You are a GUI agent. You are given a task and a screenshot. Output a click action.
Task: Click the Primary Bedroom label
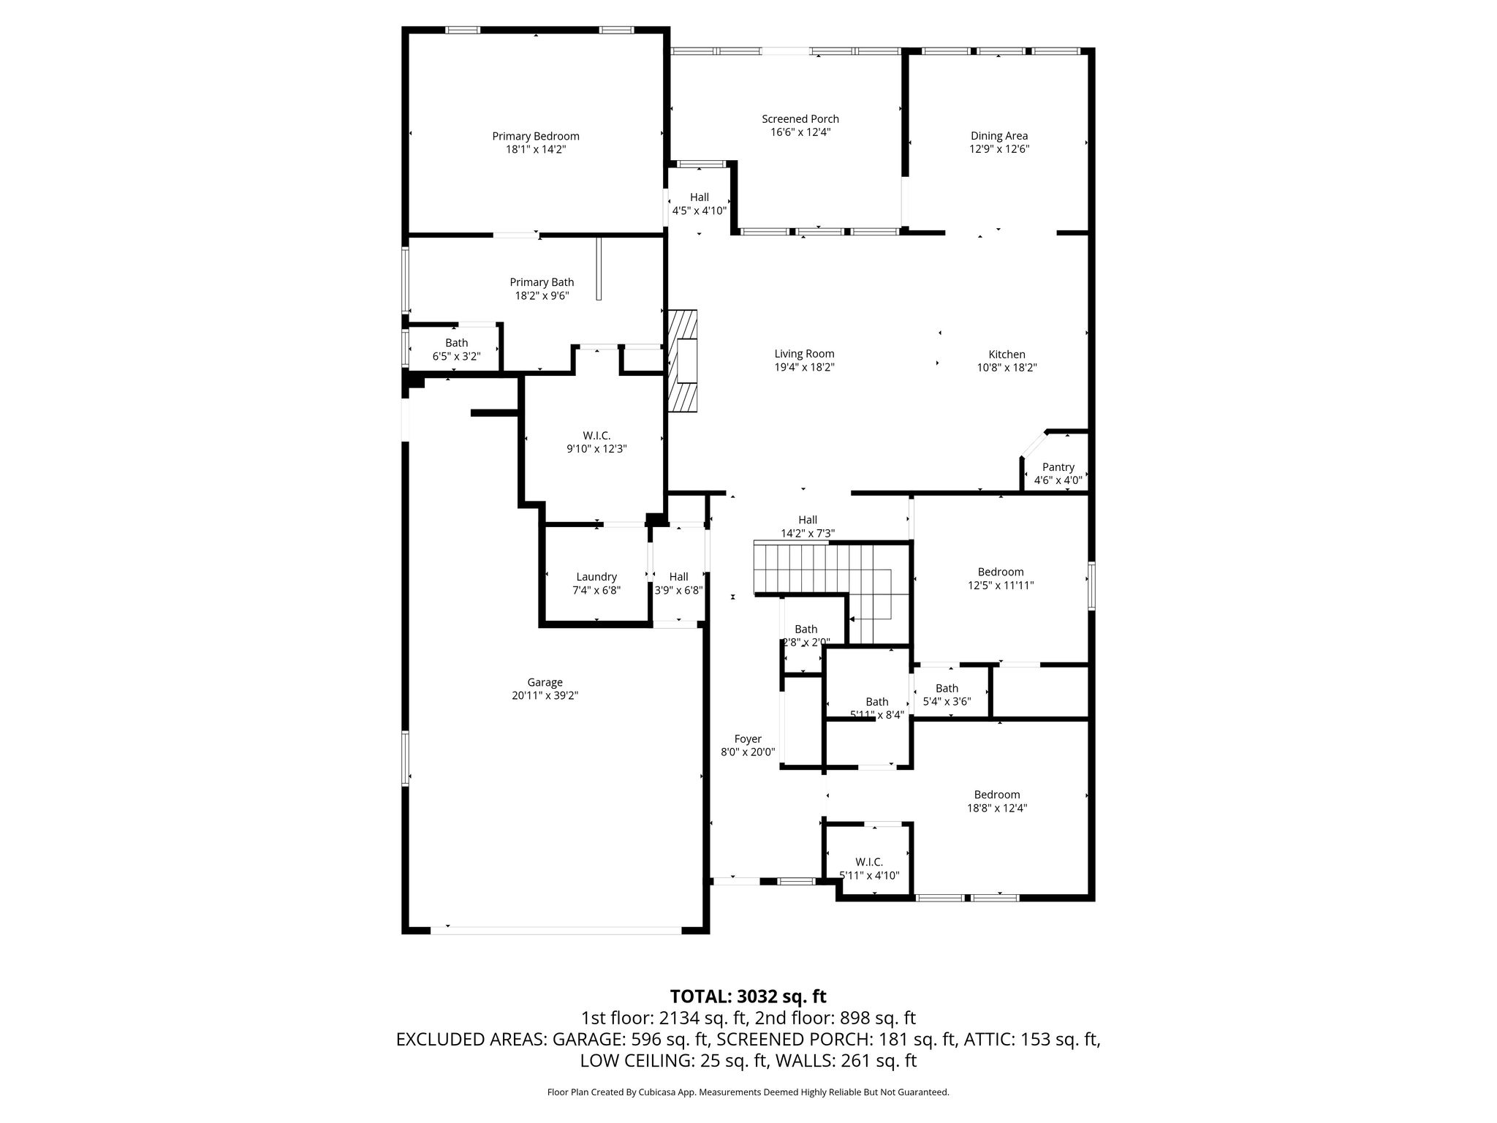[x=536, y=136]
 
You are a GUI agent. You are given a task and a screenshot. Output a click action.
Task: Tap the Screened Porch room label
[x=800, y=119]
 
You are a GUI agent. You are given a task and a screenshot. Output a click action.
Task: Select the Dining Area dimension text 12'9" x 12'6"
[x=999, y=149]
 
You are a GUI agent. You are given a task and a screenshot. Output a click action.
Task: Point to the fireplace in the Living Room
[x=682, y=360]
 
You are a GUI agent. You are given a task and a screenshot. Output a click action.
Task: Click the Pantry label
[x=1058, y=467]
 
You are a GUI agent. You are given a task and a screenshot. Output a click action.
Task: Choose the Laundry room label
[x=596, y=577]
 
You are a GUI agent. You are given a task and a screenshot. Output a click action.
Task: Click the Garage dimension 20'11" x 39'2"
[x=545, y=696]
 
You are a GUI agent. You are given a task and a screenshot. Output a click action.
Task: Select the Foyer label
[x=748, y=739]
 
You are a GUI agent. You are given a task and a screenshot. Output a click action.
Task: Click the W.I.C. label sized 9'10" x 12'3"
[x=596, y=436]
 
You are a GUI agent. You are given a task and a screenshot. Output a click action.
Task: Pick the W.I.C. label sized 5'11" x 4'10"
[x=869, y=862]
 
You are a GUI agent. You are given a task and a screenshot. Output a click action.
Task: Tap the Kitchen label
[x=1007, y=355]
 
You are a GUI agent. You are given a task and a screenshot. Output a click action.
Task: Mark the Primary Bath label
[x=542, y=282]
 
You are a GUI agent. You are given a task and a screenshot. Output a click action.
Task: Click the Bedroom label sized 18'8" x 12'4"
[x=997, y=795]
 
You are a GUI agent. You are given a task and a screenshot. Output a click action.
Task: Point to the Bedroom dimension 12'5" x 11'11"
[x=1001, y=586]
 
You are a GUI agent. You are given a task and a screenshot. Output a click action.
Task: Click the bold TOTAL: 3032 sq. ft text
[x=748, y=997]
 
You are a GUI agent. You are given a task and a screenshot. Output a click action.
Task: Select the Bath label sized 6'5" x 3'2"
[x=457, y=343]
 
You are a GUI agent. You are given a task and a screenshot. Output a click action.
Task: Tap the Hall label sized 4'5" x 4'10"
[x=700, y=197]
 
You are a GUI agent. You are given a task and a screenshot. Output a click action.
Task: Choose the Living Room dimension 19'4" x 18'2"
[x=805, y=368]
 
